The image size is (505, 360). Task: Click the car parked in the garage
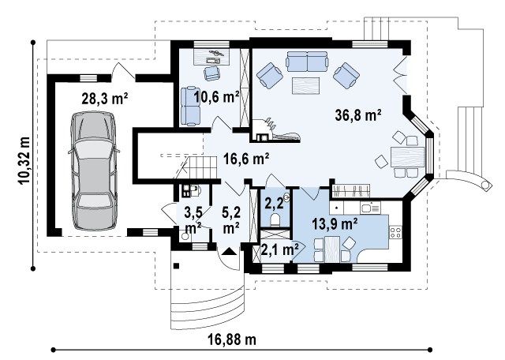[x=93, y=171]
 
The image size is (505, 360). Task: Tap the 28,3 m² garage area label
[x=105, y=99]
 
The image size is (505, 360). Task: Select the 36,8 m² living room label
[x=358, y=114]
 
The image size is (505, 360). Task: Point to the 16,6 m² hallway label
[x=246, y=158]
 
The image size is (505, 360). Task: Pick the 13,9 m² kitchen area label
[x=335, y=223]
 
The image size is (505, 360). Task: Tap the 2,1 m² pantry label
[x=279, y=249]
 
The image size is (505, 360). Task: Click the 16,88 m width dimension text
[x=232, y=339]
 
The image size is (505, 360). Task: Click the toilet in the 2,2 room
[x=275, y=219]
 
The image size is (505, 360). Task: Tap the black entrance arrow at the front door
[x=230, y=251]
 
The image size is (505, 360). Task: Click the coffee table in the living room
[x=305, y=86]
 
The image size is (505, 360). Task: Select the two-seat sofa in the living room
[x=307, y=62]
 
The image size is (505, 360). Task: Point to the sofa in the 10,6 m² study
[x=190, y=106]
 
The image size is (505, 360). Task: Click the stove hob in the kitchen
[x=396, y=232]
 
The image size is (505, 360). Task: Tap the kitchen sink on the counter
[x=370, y=208]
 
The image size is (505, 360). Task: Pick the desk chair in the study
[x=212, y=73]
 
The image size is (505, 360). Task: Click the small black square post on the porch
[x=176, y=265]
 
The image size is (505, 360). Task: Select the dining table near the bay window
[x=407, y=156]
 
